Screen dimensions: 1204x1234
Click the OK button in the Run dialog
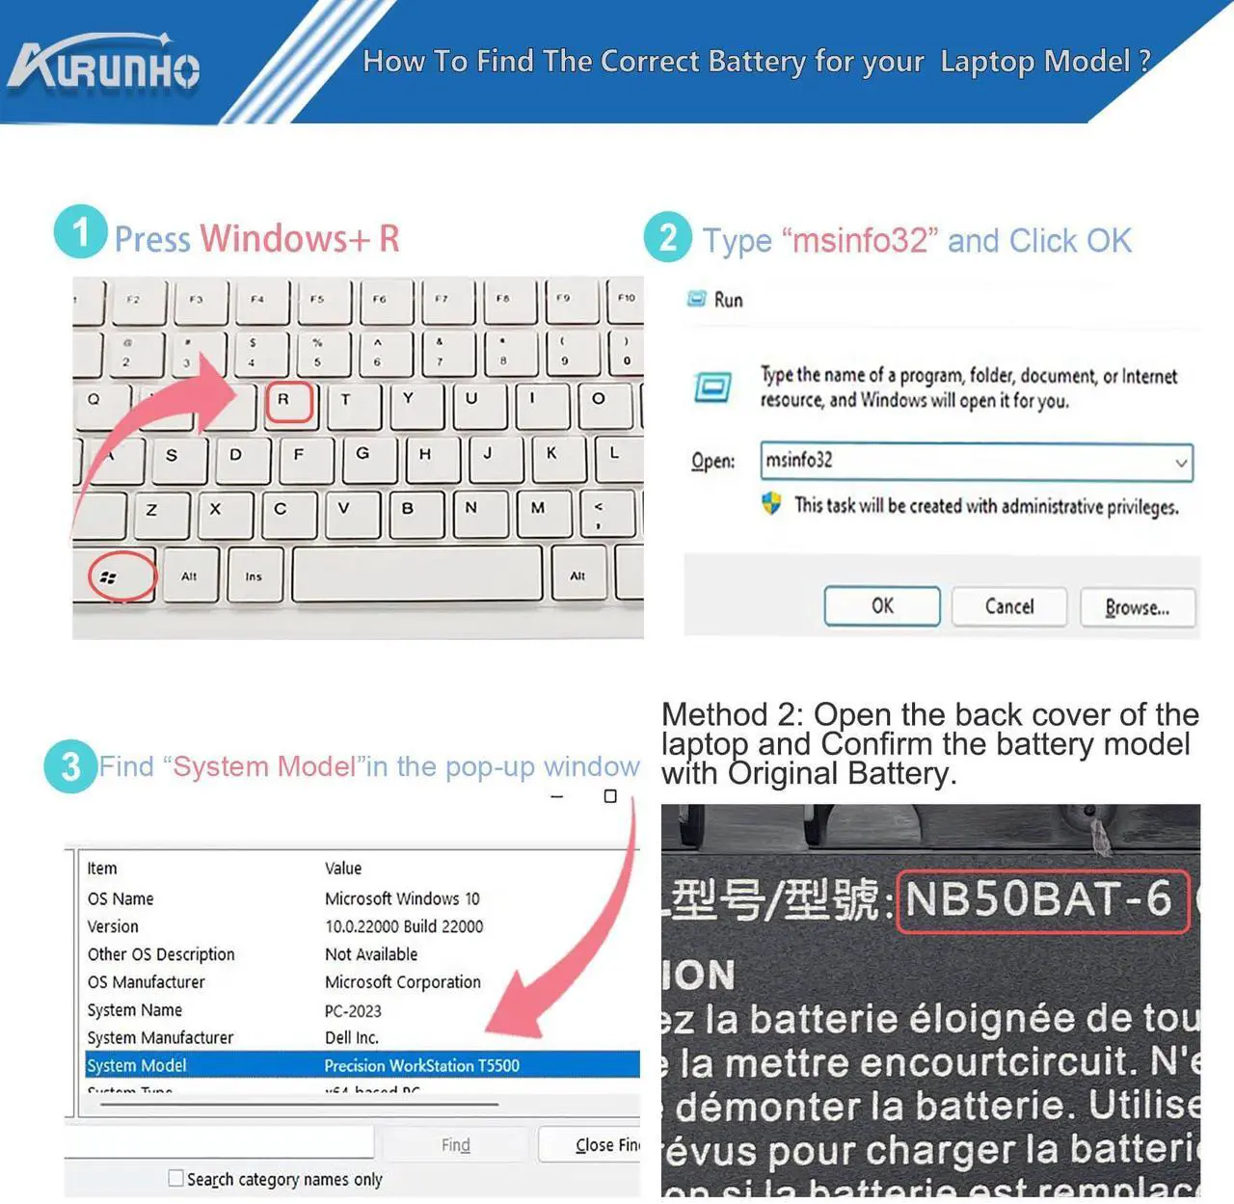881,606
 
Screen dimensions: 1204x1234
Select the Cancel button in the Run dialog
1008,606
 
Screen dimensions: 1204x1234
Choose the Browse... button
1137,607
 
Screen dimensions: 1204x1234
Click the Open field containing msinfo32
964,461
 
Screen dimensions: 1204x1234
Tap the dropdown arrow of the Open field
1180,463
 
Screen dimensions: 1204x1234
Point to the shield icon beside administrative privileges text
771,503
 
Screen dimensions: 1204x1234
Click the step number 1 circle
80,231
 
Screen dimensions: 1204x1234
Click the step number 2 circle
668,237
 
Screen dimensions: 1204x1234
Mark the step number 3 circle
70,766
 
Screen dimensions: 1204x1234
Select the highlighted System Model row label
137,1065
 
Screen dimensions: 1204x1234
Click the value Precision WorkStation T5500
421,1065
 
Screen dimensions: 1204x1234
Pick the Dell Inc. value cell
352,1037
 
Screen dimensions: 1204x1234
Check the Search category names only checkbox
175,1178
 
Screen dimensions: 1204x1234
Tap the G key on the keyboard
362,455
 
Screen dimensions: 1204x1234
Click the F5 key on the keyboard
317,301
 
